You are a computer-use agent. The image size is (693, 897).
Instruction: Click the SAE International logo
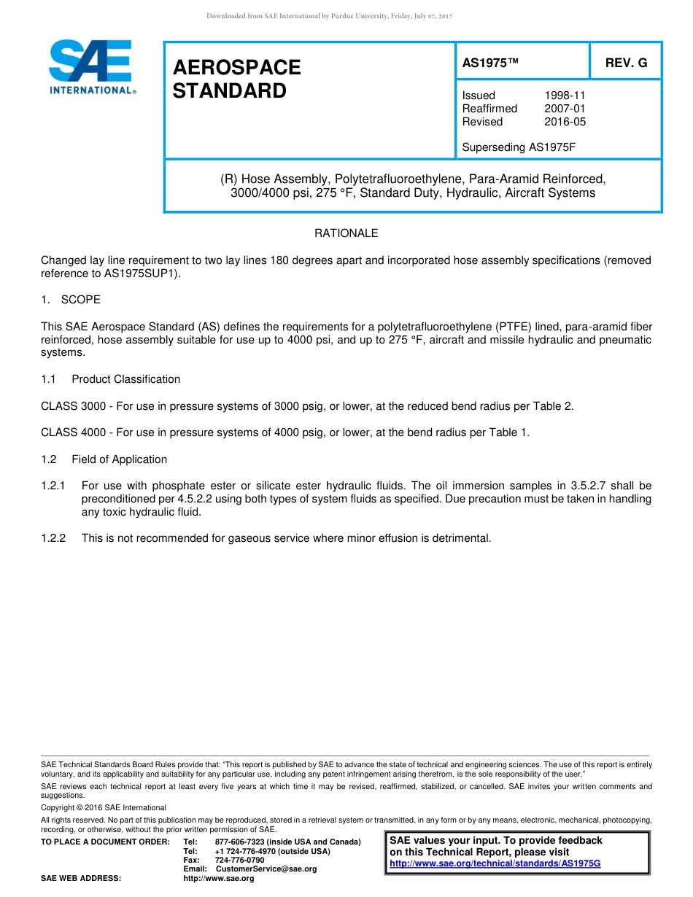click(91, 67)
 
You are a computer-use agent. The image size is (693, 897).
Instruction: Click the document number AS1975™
click(490, 63)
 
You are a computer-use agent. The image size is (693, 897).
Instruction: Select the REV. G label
click(626, 63)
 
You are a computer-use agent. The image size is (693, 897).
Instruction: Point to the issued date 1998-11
click(565, 96)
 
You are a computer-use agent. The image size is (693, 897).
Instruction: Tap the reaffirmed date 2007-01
click(565, 109)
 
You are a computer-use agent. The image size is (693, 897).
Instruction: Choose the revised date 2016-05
click(565, 122)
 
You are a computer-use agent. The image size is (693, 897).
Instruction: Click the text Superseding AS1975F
click(519, 147)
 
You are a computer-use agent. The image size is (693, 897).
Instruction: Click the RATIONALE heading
click(346, 233)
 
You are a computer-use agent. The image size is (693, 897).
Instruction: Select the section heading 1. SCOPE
click(71, 300)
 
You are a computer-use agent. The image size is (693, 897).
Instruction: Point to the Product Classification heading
click(125, 379)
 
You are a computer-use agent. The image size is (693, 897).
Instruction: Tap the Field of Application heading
click(119, 459)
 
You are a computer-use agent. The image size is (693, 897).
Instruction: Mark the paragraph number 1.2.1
click(53, 486)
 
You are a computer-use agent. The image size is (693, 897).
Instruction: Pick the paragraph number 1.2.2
click(53, 538)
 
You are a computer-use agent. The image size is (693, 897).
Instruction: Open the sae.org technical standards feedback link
click(495, 863)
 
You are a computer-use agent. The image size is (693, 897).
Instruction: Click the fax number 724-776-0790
click(239, 861)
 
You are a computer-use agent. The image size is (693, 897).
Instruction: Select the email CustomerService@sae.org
click(266, 869)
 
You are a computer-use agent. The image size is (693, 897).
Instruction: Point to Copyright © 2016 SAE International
click(104, 807)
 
